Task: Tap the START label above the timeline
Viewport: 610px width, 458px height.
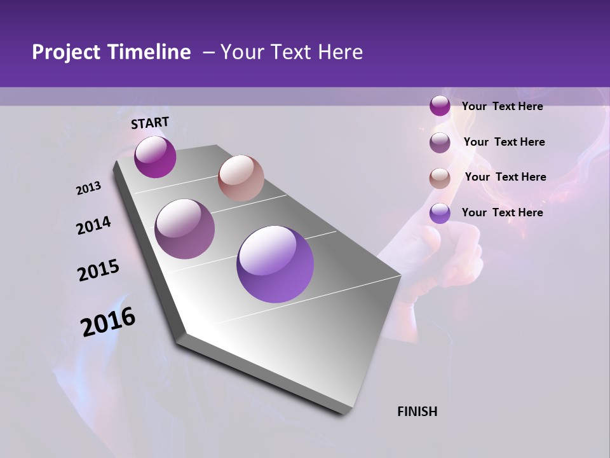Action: [x=150, y=123]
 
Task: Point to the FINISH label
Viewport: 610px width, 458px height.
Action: [x=417, y=411]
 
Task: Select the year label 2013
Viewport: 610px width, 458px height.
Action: [x=88, y=188]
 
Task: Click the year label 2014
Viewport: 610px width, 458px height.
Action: [x=93, y=225]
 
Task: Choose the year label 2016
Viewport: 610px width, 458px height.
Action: [x=108, y=322]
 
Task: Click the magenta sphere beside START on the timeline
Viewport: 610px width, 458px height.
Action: [x=155, y=156]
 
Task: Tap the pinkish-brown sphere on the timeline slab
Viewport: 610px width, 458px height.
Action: [x=241, y=178]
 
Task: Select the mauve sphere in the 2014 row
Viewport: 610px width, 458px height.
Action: [x=185, y=229]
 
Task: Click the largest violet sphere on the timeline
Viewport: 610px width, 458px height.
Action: [x=275, y=264]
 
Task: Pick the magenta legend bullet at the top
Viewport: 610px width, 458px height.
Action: [x=440, y=106]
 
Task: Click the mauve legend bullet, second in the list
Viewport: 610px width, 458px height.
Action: [x=440, y=142]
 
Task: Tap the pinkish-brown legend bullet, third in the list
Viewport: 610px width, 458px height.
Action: [x=440, y=177]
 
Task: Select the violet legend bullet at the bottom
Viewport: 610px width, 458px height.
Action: [x=440, y=213]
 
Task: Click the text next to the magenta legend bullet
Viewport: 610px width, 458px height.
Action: [x=502, y=106]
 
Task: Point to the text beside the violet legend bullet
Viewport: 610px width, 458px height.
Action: [x=502, y=212]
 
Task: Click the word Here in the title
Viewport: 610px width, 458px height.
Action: [x=340, y=52]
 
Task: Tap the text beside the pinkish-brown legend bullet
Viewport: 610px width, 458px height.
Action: [x=505, y=177]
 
